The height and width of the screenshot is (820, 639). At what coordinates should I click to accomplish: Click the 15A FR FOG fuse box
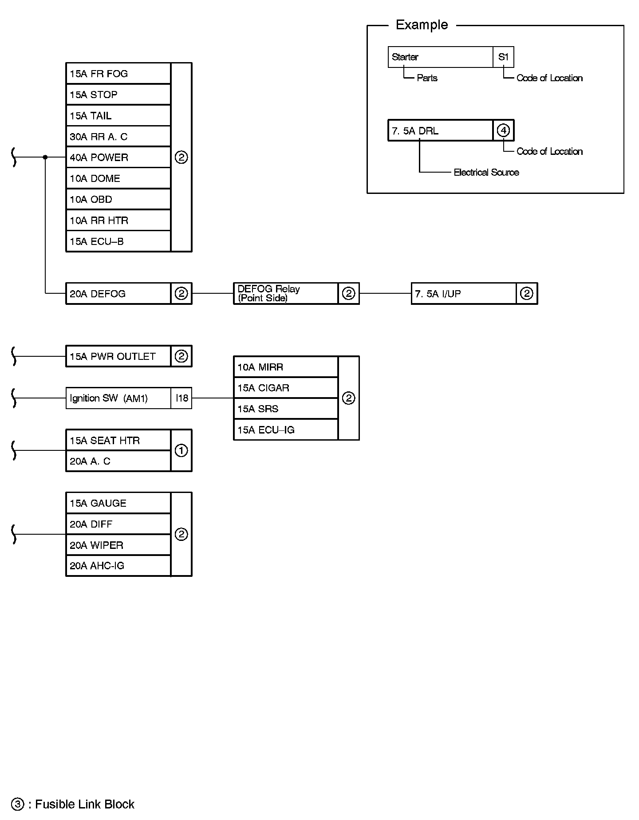tap(118, 74)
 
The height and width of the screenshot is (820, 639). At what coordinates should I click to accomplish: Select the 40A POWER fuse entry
tap(118, 158)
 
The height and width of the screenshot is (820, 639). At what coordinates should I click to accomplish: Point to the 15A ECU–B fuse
tap(118, 241)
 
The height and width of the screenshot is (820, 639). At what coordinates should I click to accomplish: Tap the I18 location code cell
tap(181, 398)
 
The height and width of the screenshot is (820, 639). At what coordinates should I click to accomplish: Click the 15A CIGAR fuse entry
tap(286, 388)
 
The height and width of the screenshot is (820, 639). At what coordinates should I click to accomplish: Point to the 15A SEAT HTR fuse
tap(118, 440)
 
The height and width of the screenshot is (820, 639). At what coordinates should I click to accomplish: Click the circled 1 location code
tap(181, 451)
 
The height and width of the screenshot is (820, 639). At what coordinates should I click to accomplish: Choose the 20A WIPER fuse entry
tap(118, 545)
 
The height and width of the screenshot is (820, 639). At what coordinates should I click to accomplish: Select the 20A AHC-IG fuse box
tap(118, 566)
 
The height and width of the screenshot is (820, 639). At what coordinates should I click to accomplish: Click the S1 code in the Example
tap(503, 57)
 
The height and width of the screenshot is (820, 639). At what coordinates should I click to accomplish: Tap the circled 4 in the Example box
tap(503, 130)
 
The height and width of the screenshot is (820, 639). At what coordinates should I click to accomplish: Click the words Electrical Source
tap(486, 172)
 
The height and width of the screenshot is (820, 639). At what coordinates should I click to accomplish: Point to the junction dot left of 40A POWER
tap(45, 157)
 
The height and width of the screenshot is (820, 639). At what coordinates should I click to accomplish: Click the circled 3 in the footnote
tap(18, 804)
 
